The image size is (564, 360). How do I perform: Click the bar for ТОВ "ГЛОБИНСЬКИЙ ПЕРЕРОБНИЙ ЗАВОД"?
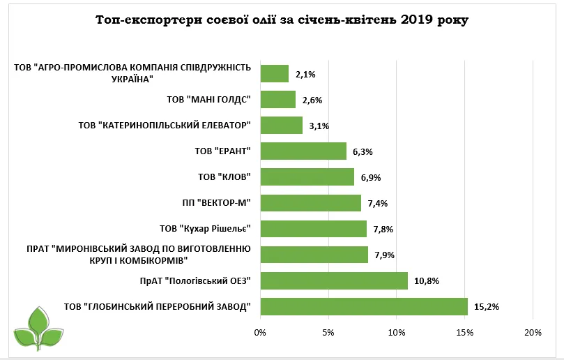coord(363,306)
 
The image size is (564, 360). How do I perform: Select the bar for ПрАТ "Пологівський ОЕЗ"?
coord(333,280)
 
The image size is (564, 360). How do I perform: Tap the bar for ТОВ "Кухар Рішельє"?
coord(313,229)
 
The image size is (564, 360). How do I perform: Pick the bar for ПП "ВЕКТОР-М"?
coord(310,203)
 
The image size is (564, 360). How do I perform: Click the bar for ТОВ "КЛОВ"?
coord(307,177)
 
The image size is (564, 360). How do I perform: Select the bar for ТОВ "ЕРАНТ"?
coord(303,151)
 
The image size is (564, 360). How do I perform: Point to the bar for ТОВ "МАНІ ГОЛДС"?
coord(277,99)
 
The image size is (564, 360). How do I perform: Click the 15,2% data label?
coord(487,306)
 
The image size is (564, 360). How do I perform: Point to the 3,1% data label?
coord(320,126)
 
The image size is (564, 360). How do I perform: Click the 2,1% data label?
coord(306,73)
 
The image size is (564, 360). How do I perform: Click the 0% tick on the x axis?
coord(260,332)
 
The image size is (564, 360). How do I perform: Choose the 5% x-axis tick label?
coord(328,332)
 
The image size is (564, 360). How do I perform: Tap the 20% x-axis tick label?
coord(533,332)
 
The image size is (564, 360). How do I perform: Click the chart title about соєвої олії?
coord(282,20)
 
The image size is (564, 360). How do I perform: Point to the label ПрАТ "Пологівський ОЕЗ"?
coord(195,280)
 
